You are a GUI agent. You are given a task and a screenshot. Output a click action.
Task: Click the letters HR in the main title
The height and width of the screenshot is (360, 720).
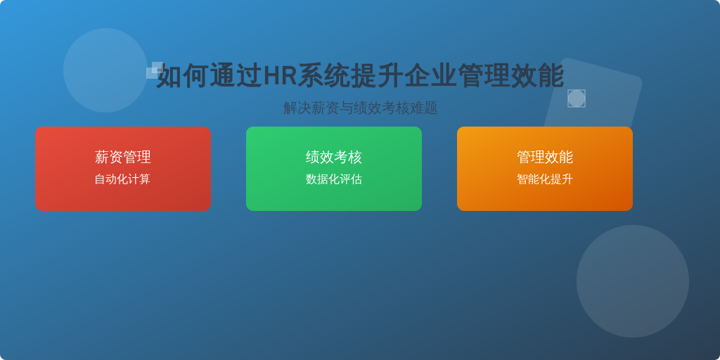pyautogui.click(x=280, y=76)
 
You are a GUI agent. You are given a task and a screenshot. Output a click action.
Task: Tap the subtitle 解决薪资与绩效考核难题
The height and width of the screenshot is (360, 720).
pyautogui.click(x=360, y=108)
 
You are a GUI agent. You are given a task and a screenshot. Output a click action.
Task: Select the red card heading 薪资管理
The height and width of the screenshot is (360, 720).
pyautogui.click(x=122, y=157)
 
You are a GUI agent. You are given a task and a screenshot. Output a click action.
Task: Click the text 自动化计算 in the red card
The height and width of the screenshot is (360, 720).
pyautogui.click(x=122, y=179)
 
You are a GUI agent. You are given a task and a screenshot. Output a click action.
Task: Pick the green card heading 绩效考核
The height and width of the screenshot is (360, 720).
pyautogui.click(x=334, y=157)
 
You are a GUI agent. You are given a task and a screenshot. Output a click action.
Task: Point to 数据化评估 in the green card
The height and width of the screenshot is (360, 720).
pyautogui.click(x=334, y=179)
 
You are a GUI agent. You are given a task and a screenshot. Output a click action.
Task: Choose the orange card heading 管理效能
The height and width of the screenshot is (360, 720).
pyautogui.click(x=545, y=157)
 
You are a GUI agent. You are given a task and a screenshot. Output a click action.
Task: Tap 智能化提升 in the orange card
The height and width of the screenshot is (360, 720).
pyautogui.click(x=545, y=179)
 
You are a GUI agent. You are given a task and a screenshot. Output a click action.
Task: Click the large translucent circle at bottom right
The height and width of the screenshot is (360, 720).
pyautogui.click(x=632, y=281)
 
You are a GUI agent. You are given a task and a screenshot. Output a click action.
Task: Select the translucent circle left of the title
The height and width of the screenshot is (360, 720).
pyautogui.click(x=105, y=70)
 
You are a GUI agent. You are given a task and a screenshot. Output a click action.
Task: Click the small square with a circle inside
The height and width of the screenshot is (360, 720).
pyautogui.click(x=577, y=98)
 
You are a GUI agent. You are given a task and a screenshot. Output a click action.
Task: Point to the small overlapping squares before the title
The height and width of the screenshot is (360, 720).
pyautogui.click(x=155, y=70)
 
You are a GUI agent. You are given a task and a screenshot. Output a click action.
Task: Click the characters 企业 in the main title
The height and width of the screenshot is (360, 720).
pyautogui.click(x=430, y=76)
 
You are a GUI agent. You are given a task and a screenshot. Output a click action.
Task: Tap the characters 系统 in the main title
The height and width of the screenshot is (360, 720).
pyautogui.click(x=323, y=76)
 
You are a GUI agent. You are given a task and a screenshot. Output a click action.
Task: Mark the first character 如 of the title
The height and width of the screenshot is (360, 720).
pyautogui.click(x=169, y=76)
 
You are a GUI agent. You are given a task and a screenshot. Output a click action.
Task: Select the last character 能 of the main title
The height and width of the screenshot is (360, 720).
pyautogui.click(x=551, y=76)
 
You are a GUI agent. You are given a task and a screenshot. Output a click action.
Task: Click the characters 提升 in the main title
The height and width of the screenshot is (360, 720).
pyautogui.click(x=377, y=76)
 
